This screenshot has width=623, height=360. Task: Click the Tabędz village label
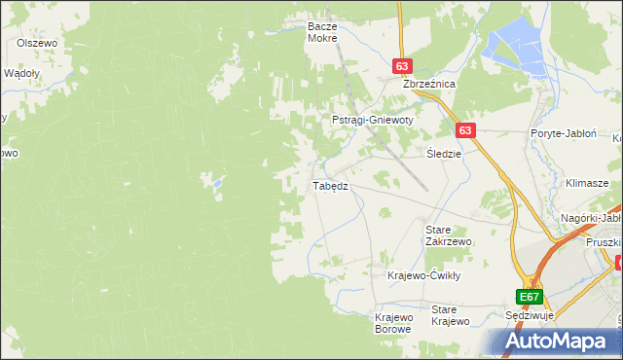[329, 185]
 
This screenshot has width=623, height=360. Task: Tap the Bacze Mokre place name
[321, 32]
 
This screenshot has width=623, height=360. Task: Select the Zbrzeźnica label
[430, 85]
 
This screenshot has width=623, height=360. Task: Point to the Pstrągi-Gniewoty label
[373, 120]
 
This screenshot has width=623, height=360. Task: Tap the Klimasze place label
[586, 183]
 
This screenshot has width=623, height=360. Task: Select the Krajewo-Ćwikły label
[423, 275]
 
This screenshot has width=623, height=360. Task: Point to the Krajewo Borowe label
[394, 323]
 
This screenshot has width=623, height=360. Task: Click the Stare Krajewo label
[451, 315]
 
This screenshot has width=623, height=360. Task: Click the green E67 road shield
[529, 297]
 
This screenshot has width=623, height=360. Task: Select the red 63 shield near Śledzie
[464, 129]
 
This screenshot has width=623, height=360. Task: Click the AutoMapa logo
[556, 341]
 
